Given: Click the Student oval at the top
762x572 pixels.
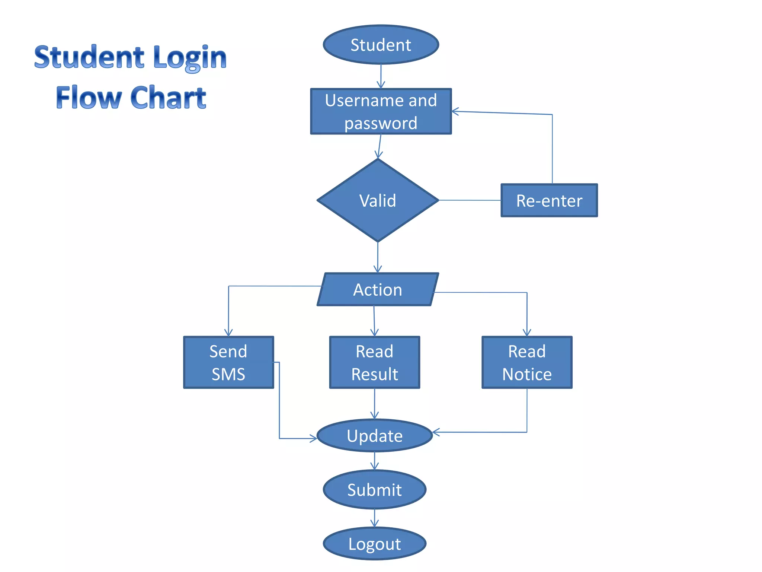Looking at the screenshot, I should point(381,45).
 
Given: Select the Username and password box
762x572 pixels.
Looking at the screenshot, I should point(381,111).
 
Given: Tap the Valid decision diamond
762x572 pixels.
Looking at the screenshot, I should point(378,200).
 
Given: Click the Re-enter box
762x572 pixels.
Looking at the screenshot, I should point(549,200).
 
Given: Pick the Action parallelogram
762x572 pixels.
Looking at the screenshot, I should point(378,290).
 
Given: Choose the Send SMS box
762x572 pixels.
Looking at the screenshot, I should point(228,362).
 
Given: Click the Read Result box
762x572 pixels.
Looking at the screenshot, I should point(374,362).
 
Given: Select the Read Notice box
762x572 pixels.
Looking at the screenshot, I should point(527,362).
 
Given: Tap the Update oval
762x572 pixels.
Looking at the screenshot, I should point(374,436).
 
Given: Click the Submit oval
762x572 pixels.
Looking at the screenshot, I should point(374,490).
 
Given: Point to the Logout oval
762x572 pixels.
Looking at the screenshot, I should point(374,544).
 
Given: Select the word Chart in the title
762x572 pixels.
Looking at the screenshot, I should point(168,98).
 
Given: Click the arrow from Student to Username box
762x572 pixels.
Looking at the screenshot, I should point(381,76).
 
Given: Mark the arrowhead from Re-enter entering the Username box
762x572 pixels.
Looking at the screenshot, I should point(455,111).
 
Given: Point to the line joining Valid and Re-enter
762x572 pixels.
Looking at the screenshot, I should point(470,200).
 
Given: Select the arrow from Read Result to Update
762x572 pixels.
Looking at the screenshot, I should point(374,404).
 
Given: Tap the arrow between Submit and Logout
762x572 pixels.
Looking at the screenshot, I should point(374,518).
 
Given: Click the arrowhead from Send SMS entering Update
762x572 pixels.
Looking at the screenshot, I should point(314,438).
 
